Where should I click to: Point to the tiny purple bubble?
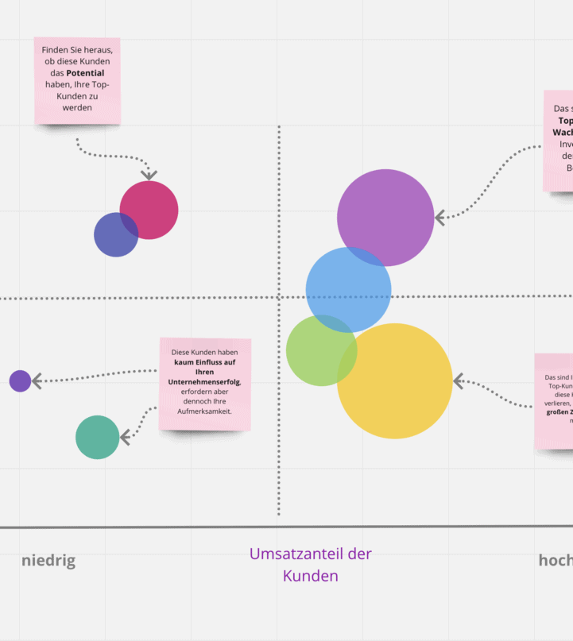point(20,381)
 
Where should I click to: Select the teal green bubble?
point(97,438)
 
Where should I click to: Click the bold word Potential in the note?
point(85,73)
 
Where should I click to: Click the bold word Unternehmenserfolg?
point(205,382)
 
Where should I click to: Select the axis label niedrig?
point(48,561)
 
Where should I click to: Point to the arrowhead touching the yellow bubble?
point(459,382)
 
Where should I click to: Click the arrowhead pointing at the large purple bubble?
point(440,217)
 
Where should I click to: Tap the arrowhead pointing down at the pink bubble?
point(149,174)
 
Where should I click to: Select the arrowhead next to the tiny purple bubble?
point(37,381)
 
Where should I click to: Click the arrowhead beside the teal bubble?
point(125,437)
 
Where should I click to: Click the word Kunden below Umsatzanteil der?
point(311,576)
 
